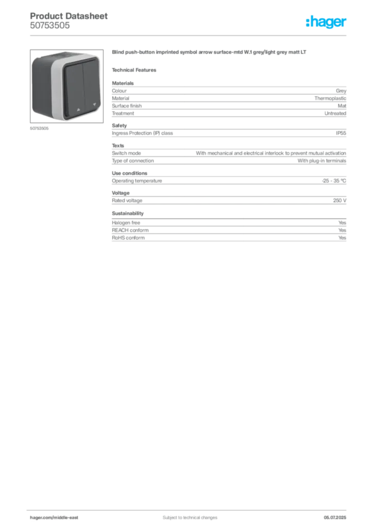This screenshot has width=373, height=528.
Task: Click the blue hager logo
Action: pyautogui.click(x=327, y=23)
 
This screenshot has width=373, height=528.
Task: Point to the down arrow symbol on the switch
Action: pyautogui.click(x=94, y=108)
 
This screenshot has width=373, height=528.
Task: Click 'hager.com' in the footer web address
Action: pyautogui.click(x=41, y=517)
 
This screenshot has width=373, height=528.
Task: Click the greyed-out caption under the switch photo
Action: pyautogui.click(x=40, y=128)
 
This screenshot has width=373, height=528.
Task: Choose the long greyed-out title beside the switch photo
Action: pyautogui.click(x=210, y=53)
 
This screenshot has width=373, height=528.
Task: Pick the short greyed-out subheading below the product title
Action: pyautogui.click(x=136, y=69)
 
